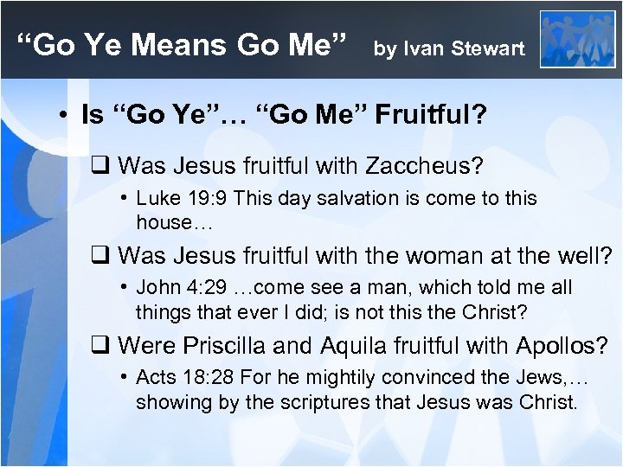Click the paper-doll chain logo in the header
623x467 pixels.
tap(576, 39)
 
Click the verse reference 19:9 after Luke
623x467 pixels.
tap(202, 198)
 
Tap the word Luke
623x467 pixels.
tap(157, 198)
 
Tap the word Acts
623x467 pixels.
tap(156, 378)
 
